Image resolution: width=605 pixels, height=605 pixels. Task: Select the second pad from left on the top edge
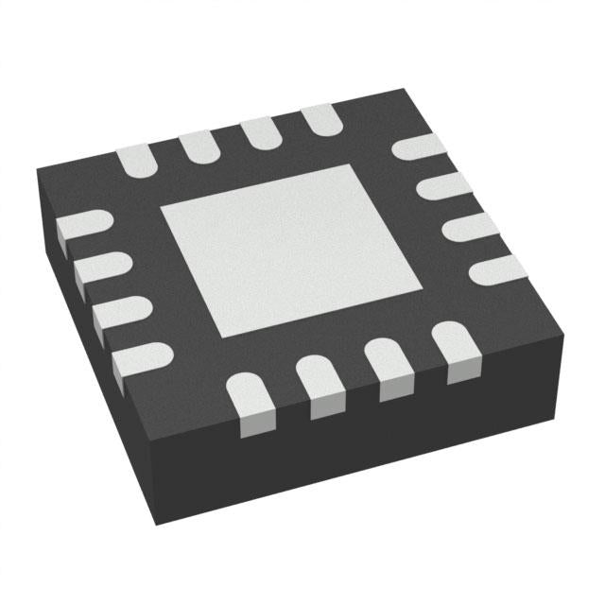click(197, 145)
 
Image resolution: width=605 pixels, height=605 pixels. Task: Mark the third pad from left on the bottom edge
click(389, 368)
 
